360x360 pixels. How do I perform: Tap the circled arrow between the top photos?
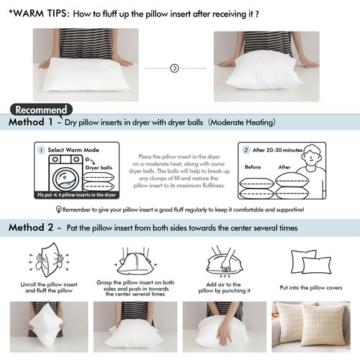point(174,68)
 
